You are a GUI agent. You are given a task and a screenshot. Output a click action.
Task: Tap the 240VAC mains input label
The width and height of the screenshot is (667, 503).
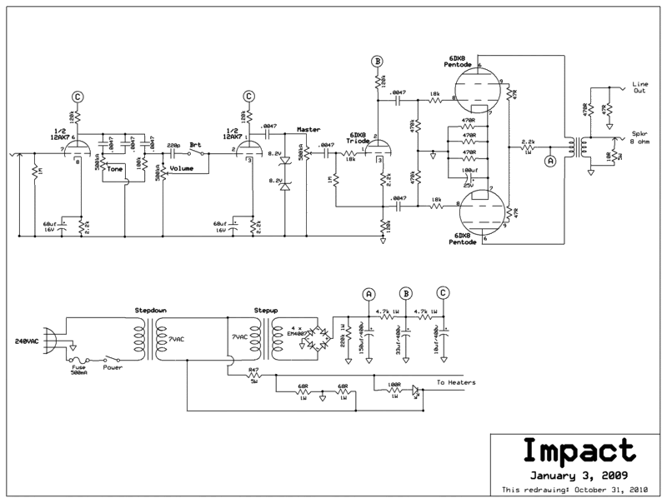[x=26, y=341]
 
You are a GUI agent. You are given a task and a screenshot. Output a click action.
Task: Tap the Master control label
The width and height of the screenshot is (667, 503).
[x=308, y=131]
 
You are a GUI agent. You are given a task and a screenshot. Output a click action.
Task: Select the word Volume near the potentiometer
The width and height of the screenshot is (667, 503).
[x=182, y=168]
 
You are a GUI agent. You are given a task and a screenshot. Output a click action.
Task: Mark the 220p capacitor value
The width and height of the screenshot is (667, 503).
[x=173, y=145]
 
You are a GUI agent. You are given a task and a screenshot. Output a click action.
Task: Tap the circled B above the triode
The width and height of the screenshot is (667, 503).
[x=377, y=62]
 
